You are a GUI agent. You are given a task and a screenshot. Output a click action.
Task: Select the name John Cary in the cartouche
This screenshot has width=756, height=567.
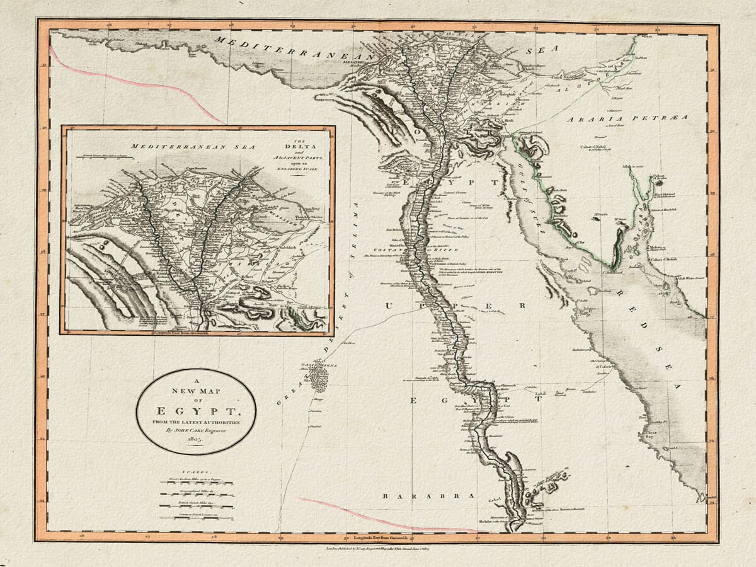tap(189, 431)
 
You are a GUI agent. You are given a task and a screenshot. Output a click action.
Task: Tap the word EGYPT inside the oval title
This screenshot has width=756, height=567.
tap(196, 409)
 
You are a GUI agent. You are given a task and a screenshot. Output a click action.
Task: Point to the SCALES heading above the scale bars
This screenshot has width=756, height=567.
tap(196, 471)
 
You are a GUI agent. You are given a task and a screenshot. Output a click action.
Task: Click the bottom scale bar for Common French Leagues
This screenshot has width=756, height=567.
tap(196, 517)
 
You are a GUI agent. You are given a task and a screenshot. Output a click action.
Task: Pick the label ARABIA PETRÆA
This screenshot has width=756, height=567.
tap(626, 118)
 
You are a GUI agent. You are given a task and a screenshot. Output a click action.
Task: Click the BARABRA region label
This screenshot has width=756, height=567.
tap(428, 496)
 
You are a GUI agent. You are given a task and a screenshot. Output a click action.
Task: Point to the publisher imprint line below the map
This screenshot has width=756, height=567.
tap(378, 549)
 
